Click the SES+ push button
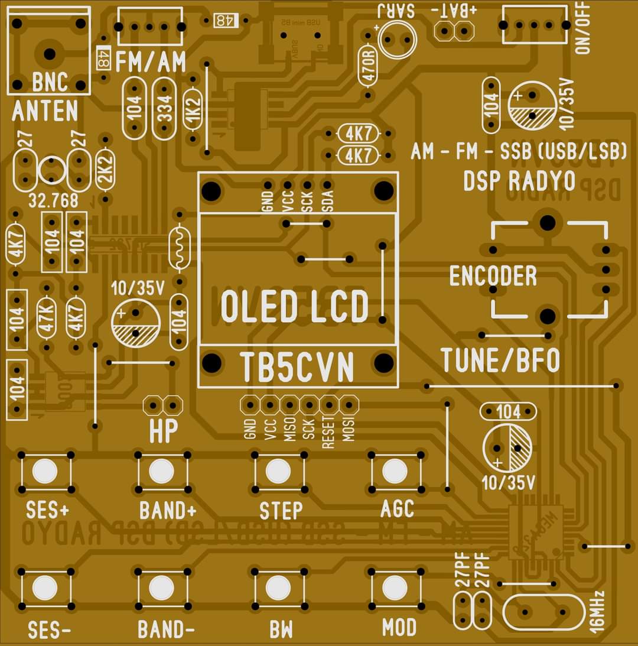coord(45,472)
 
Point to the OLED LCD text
coord(295,307)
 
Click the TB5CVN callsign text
coord(297,368)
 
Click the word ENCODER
coord(493,276)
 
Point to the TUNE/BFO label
coord(500,361)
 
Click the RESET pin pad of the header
coord(329,405)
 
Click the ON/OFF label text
coord(584,28)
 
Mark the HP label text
coord(163,431)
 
